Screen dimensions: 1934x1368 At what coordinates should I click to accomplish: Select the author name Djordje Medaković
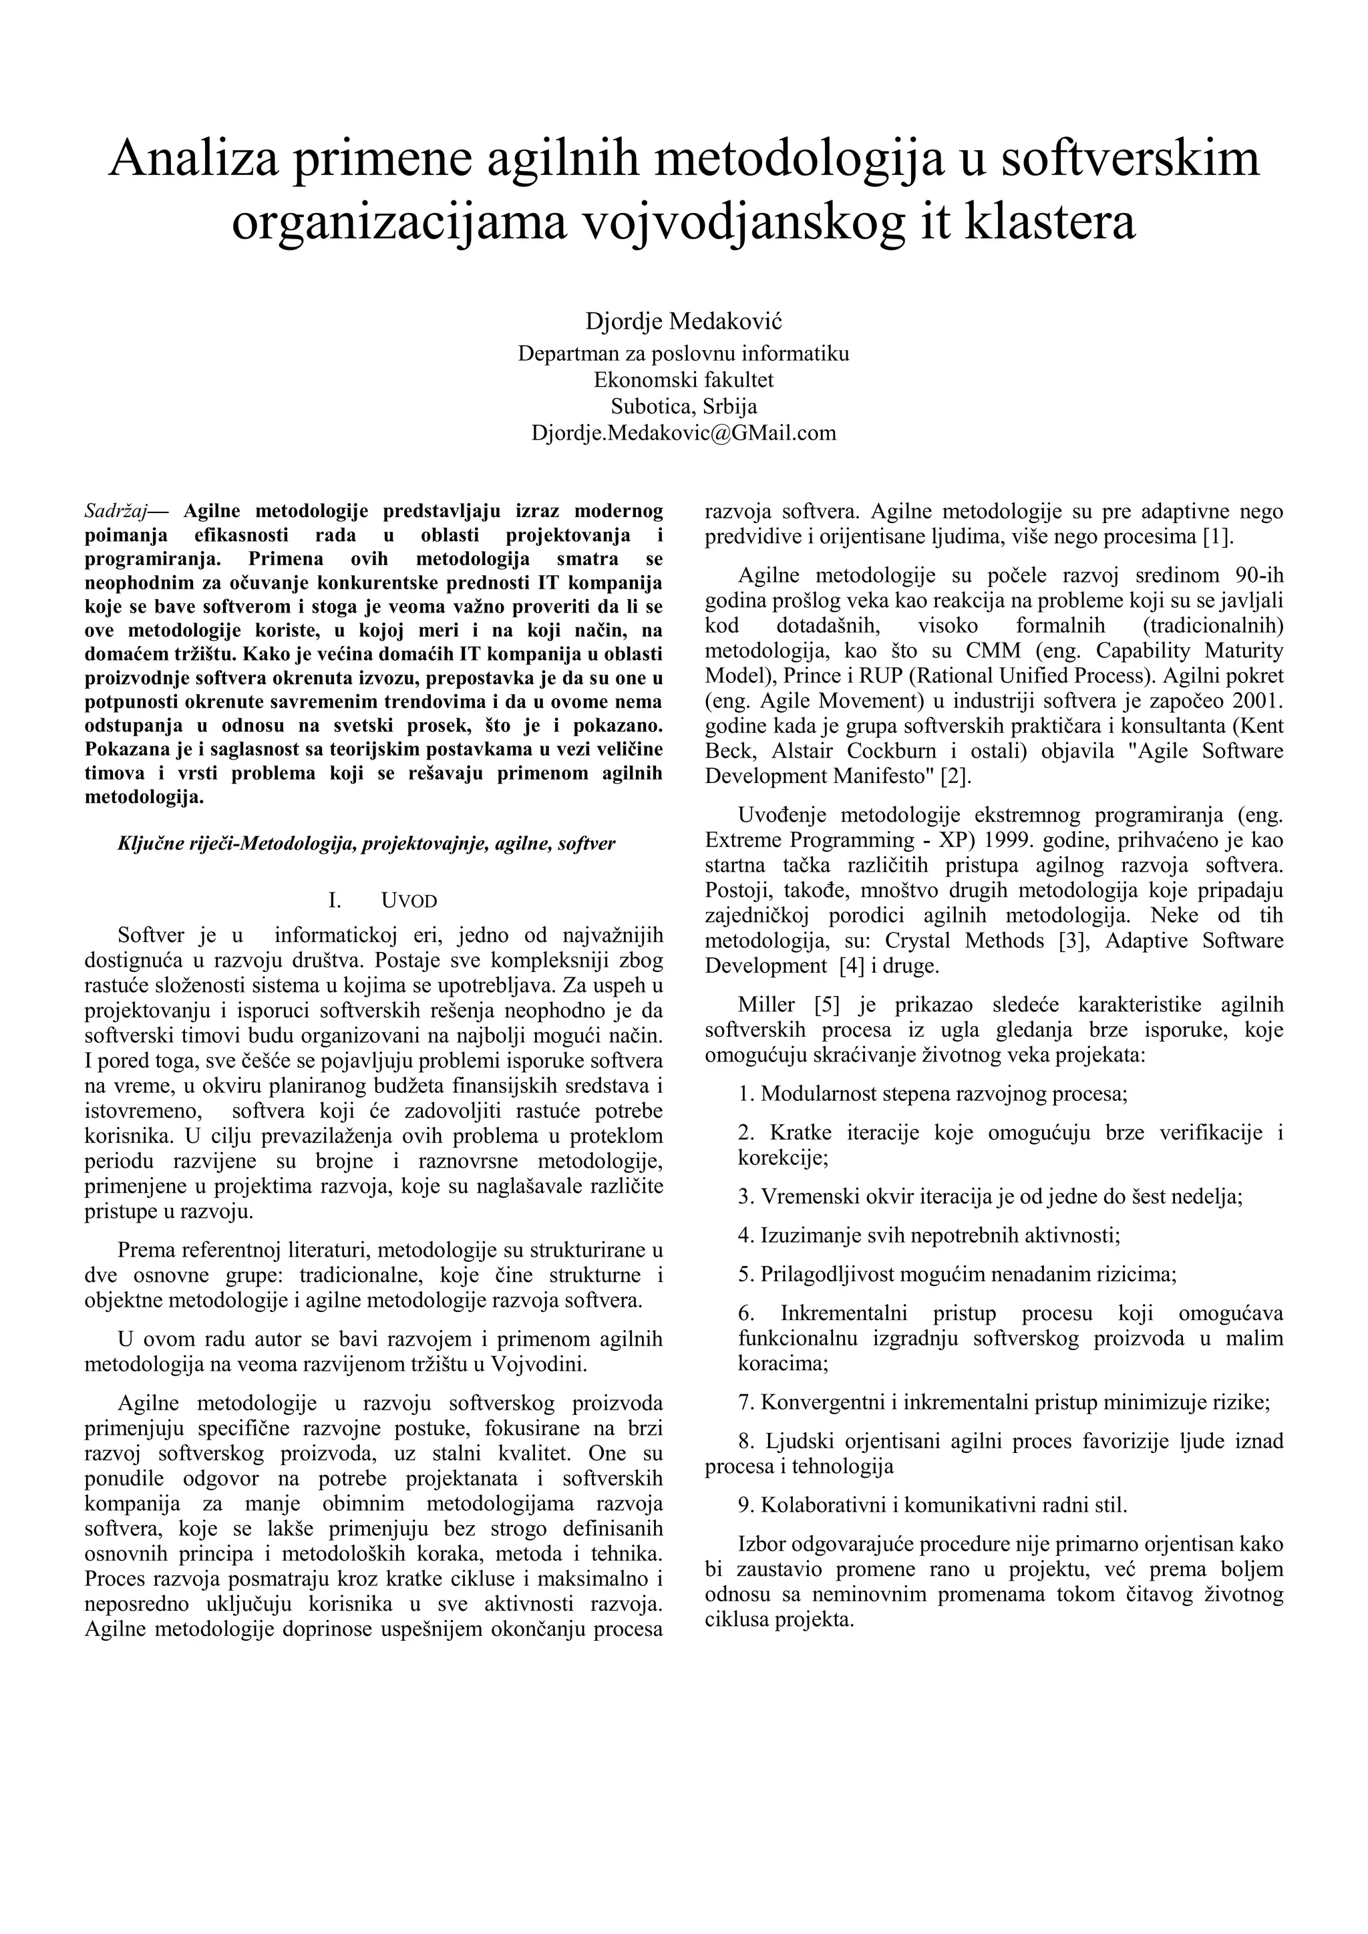683,321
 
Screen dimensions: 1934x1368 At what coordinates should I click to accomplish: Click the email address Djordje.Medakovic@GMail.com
683,433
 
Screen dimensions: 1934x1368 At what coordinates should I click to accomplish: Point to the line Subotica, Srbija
683,406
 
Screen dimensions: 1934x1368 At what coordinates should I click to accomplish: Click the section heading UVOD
409,901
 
